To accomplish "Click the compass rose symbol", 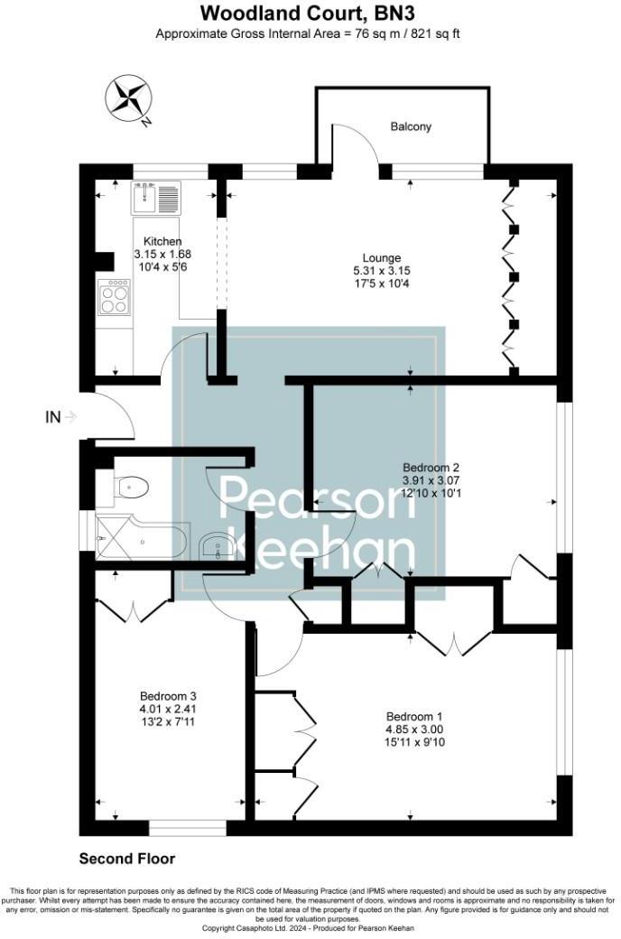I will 127,98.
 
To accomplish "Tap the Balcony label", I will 411,126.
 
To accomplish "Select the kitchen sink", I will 155,196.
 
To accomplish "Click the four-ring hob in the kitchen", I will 115,296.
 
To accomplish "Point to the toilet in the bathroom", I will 131,488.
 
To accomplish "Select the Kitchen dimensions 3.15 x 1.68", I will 162,255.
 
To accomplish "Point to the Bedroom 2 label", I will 431,467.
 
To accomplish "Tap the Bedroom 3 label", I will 168,696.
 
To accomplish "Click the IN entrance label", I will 53,417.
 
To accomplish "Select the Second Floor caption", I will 127,859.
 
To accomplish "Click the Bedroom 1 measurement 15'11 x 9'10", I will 413,742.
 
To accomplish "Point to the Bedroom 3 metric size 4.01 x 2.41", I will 168,710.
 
